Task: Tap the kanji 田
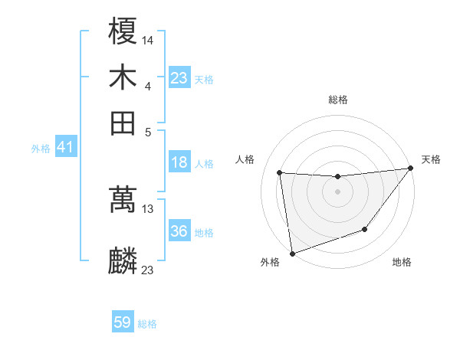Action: [x=123, y=123]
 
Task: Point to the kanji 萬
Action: [x=123, y=201]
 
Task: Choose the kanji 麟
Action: [x=123, y=261]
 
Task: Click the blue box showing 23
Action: [x=179, y=78]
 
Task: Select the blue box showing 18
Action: [x=179, y=162]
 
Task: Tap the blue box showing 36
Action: [x=179, y=231]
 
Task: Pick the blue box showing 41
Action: [x=64, y=148]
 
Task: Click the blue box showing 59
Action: [x=123, y=322]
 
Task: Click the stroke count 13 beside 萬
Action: [x=148, y=208]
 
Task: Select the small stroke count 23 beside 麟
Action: [x=148, y=270]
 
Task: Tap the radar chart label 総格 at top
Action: [x=338, y=100]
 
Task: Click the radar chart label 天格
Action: [x=431, y=159]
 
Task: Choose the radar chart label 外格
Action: [x=270, y=263]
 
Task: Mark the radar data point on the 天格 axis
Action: [x=411, y=169]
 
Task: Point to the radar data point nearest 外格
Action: [x=292, y=253]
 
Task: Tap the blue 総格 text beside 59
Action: [x=147, y=324]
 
